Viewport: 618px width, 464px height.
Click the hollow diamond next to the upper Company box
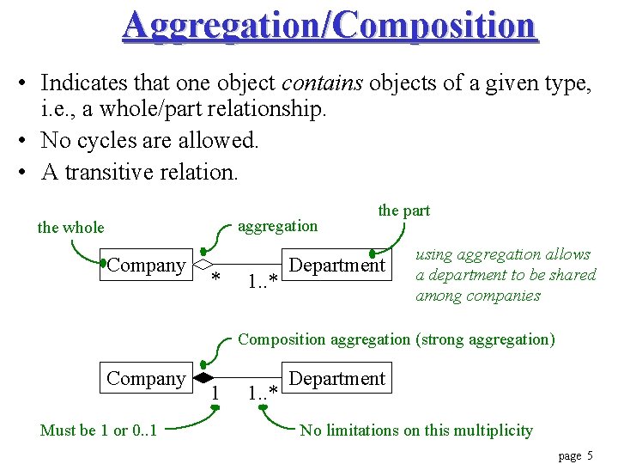point(203,265)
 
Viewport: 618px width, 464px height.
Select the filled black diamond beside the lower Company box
point(203,378)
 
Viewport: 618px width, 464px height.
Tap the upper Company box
point(146,265)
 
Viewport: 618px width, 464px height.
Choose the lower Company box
point(146,378)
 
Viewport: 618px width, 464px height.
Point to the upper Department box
point(337,265)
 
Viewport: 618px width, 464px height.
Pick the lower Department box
point(337,378)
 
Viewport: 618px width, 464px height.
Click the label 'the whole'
point(70,228)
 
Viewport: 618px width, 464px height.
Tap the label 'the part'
point(403,211)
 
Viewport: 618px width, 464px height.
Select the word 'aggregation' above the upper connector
point(277,226)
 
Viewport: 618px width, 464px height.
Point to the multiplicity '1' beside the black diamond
point(215,393)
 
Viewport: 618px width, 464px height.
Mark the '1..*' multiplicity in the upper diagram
point(262,280)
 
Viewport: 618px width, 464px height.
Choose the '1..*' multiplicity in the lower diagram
point(262,394)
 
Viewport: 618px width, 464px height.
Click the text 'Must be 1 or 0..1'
point(99,430)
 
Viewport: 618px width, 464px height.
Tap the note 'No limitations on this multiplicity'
point(416,430)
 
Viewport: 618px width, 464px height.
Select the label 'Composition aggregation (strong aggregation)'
point(397,339)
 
